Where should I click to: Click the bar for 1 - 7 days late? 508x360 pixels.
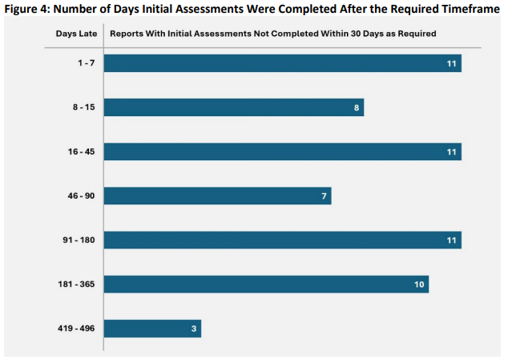[282, 63]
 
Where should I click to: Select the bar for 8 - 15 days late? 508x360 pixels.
[233, 107]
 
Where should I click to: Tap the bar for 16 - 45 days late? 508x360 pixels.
[282, 152]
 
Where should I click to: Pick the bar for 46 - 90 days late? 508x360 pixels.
[217, 196]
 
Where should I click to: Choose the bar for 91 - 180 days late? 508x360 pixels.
[282, 240]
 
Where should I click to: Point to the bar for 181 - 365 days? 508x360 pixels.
[266, 284]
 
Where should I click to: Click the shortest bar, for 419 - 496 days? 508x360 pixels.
[152, 329]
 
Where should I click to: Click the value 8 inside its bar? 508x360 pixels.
[357, 107]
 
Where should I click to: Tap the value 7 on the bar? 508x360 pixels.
[324, 196]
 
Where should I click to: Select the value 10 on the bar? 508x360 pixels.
[419, 284]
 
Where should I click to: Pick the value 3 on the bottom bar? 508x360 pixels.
[193, 329]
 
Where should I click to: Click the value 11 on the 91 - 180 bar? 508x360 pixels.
[452, 240]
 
